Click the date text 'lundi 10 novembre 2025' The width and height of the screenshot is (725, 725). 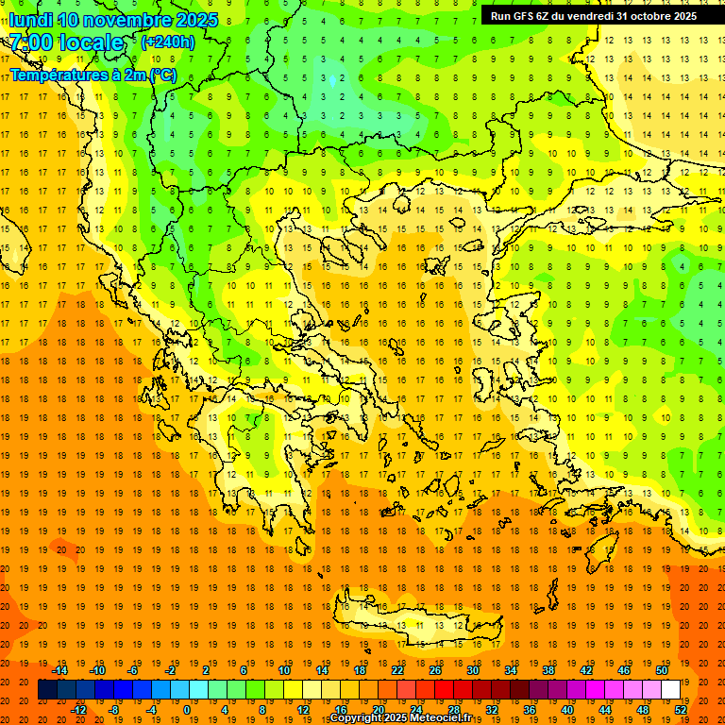click(x=113, y=20)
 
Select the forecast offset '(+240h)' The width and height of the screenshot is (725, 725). click(x=168, y=42)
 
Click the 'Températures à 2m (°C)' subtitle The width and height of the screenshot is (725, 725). click(x=93, y=74)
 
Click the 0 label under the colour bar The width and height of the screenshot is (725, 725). click(x=186, y=710)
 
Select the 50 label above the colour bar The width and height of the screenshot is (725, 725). click(x=661, y=670)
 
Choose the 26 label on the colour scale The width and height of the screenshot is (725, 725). click(x=435, y=670)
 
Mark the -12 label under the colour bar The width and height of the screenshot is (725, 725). click(x=78, y=710)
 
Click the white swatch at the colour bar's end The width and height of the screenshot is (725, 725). click(x=670, y=690)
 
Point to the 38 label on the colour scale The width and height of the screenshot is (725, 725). click(x=548, y=670)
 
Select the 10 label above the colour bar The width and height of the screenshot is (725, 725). click(x=283, y=670)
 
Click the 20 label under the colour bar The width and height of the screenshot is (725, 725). click(x=378, y=710)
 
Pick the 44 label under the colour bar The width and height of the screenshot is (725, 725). click(x=605, y=710)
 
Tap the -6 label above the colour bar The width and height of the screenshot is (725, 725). click(x=133, y=670)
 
